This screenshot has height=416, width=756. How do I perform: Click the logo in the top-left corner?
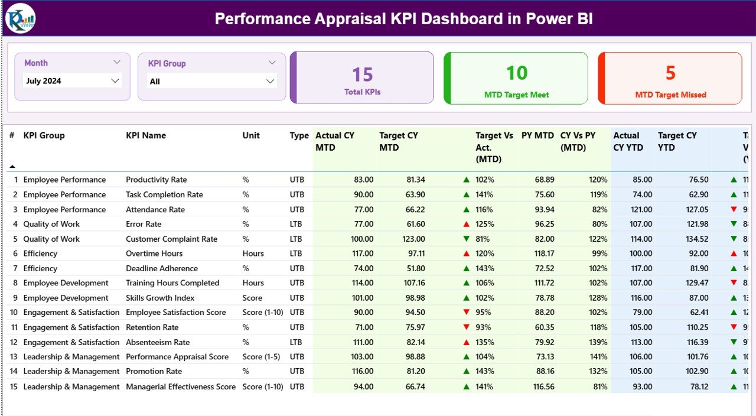coord(20,18)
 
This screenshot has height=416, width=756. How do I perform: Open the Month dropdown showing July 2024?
coord(115,81)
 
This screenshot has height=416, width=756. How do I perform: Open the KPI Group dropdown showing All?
coord(270,81)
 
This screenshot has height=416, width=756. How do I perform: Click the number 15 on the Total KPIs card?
coord(363,74)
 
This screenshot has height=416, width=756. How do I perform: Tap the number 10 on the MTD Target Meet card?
coord(517,73)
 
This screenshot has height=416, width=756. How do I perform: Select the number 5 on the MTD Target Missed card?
coord(670,73)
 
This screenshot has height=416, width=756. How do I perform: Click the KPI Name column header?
coord(146,135)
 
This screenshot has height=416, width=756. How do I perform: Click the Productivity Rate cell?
coord(156,180)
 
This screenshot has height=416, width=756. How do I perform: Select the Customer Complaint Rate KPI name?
coord(171,239)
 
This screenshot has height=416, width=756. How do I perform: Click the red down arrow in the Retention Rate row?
coord(467,327)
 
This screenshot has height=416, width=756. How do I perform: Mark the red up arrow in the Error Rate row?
coord(467,224)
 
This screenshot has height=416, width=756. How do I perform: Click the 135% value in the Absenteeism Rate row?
coord(485,342)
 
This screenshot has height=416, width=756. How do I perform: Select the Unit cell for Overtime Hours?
coord(253,253)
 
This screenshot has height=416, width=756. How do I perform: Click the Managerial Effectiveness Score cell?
coord(181,386)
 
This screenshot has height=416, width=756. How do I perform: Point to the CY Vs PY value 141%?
coord(598,357)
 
